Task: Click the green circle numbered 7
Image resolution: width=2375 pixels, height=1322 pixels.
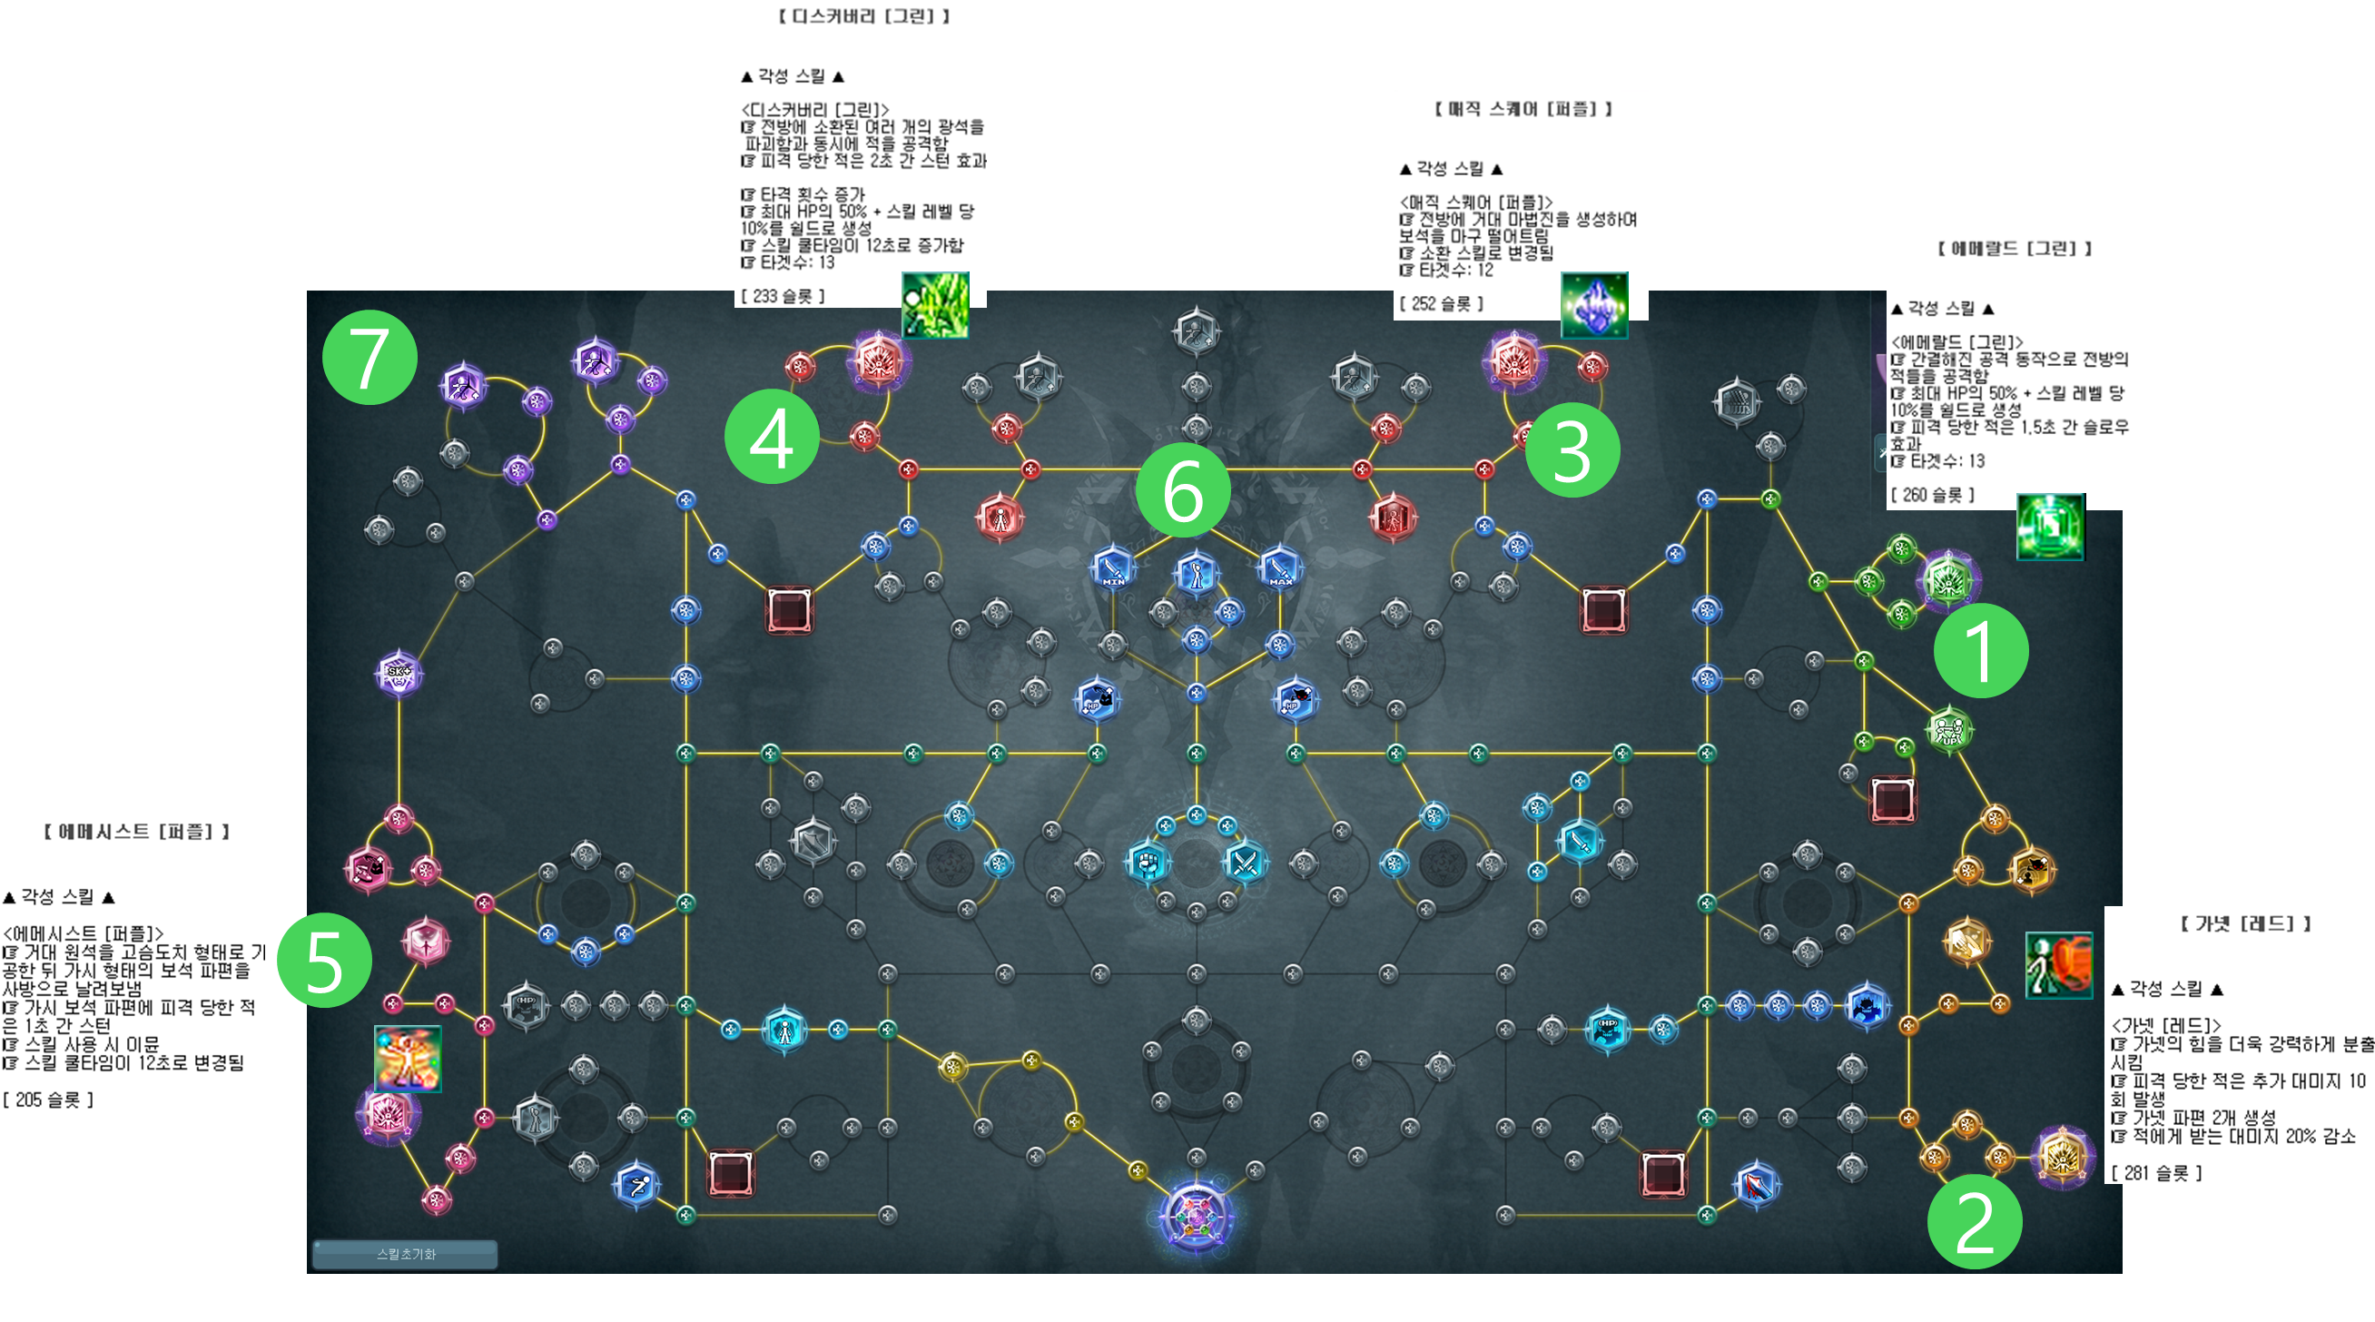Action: (370, 358)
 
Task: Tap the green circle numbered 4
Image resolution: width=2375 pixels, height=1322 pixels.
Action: (772, 437)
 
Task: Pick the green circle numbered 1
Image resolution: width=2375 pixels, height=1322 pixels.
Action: (1980, 651)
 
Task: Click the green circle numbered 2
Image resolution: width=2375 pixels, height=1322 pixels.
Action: (1975, 1222)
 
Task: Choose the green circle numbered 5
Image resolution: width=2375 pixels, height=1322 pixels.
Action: (324, 961)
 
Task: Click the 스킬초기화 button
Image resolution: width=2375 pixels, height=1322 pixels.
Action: (406, 1254)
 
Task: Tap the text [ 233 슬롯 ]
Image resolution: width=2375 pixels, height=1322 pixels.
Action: (783, 296)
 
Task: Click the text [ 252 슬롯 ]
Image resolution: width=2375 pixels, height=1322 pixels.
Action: (1441, 303)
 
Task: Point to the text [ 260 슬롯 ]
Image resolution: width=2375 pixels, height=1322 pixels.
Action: (1933, 495)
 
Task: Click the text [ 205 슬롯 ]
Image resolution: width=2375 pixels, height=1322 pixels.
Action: (48, 1099)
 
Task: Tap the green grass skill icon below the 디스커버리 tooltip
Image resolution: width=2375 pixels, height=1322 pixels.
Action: (935, 304)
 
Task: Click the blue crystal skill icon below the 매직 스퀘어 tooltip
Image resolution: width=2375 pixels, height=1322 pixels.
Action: (1594, 305)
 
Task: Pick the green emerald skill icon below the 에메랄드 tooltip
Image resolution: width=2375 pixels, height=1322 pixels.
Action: (2050, 528)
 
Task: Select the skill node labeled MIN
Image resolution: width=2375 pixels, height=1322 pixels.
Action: (1113, 567)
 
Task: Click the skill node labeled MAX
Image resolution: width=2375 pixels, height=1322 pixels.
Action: (1280, 567)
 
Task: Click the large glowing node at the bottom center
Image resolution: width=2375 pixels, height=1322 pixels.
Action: (1196, 1217)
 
